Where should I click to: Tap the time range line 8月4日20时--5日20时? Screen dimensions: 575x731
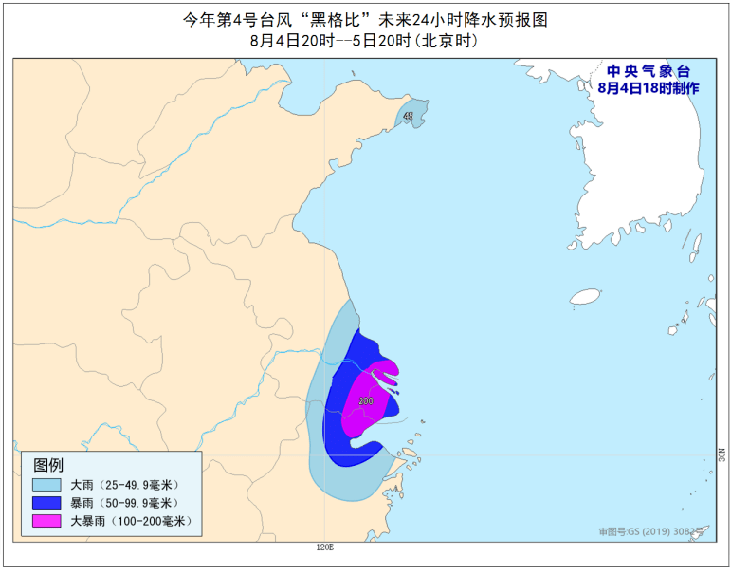pos(364,41)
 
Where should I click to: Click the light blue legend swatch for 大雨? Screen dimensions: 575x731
pos(45,485)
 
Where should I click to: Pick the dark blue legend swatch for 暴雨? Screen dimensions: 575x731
pos(45,503)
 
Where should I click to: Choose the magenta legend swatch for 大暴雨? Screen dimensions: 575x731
pos(45,521)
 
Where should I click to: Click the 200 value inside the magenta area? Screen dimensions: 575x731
pos(366,400)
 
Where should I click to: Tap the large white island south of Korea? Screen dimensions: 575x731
pos(585,297)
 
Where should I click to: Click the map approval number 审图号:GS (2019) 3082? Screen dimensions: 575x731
pos(652,532)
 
